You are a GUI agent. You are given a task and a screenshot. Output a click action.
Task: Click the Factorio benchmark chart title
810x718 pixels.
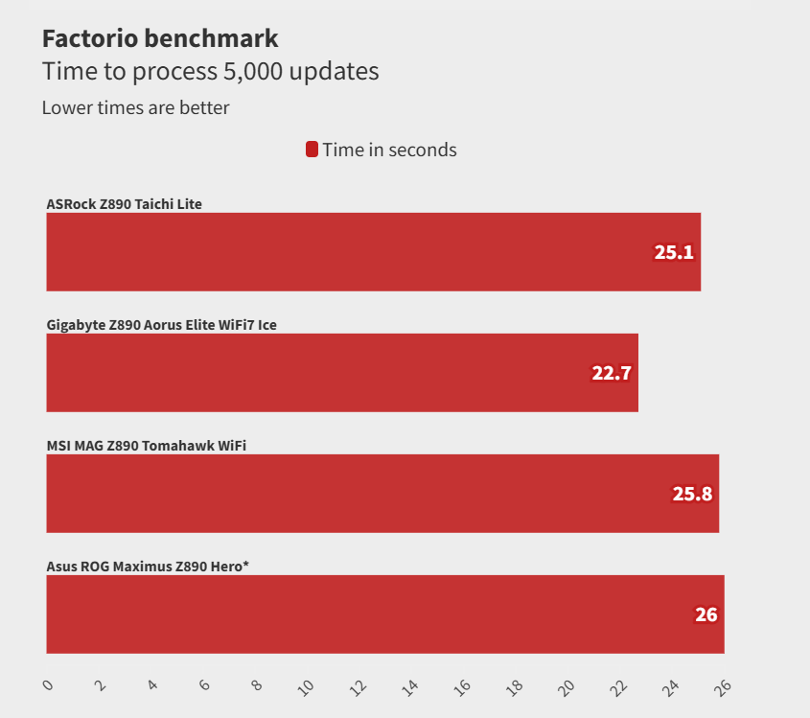pos(160,38)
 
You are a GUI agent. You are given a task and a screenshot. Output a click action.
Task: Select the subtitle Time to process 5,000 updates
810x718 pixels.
pos(210,71)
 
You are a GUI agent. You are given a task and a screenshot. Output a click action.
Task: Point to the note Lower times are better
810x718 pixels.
pos(135,107)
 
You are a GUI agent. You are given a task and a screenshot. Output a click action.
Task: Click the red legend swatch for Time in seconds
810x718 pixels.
pos(312,150)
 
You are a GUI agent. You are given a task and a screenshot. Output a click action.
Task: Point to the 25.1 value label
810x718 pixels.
pos(674,253)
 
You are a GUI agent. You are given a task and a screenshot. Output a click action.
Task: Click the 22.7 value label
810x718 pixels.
pos(611,374)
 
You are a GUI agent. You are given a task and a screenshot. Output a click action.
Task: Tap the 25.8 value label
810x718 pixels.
pos(692,495)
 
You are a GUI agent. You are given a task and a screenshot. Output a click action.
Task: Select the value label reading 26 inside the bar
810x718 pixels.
pos(706,615)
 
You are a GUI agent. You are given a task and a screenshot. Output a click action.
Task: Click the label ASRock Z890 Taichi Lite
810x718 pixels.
pos(125,203)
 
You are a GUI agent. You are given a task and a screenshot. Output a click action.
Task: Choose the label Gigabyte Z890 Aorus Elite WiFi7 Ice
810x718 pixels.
pos(162,324)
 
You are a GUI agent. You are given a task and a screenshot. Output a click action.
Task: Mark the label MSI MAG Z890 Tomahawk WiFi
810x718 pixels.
pos(140,445)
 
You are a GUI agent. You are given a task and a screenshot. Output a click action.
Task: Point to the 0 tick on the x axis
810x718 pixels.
pos(49,685)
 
